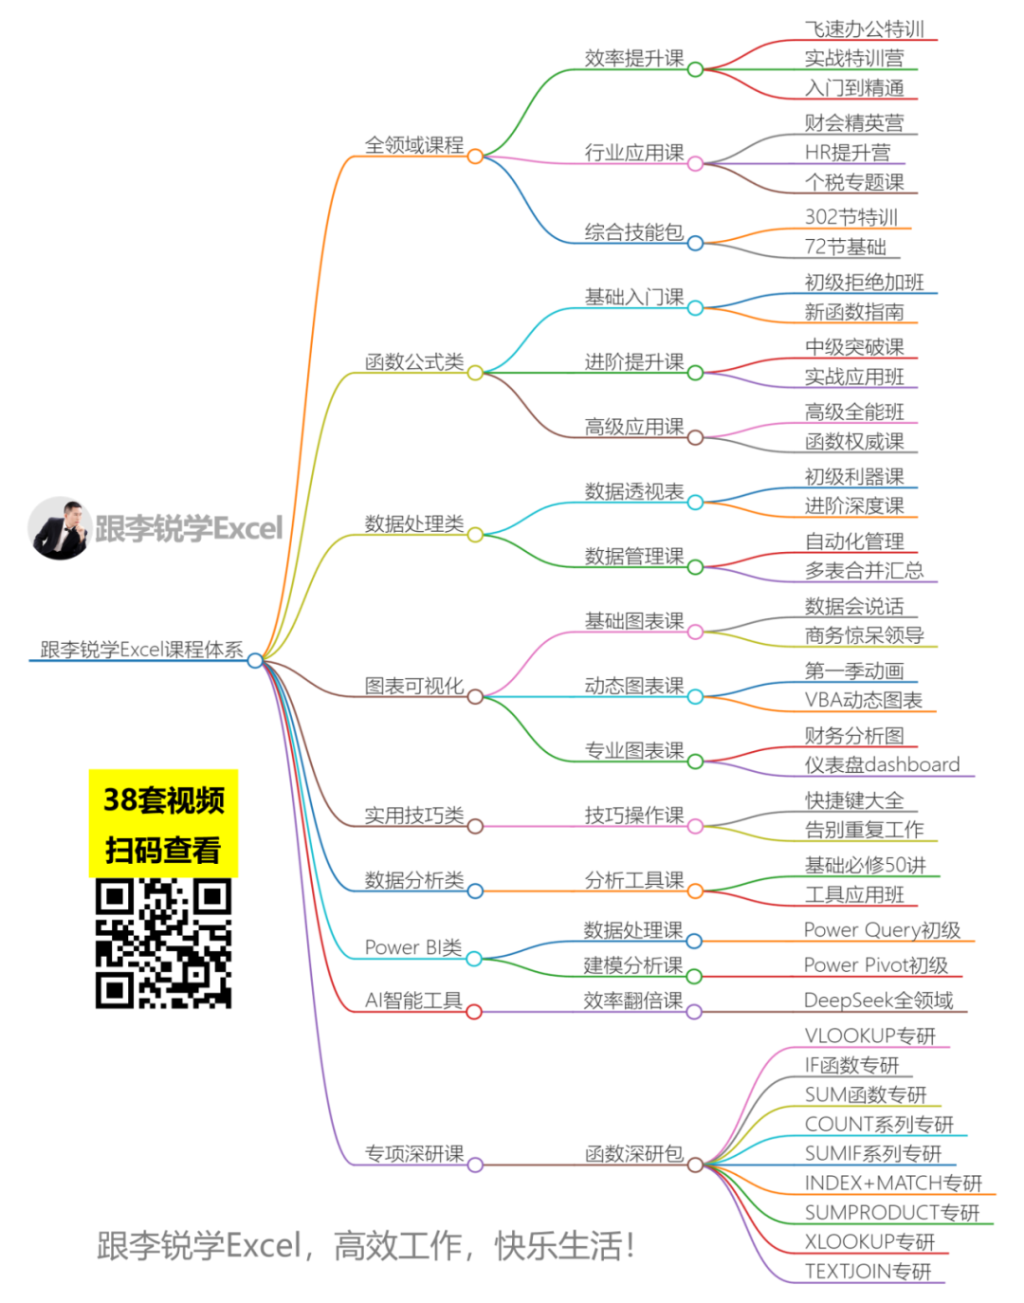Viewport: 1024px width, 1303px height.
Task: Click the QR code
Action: pyautogui.click(x=163, y=943)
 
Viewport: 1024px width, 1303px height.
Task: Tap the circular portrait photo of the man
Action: pyautogui.click(x=60, y=528)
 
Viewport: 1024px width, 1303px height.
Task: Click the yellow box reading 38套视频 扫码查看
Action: pyautogui.click(x=163, y=823)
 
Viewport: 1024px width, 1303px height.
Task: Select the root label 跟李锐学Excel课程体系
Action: pyautogui.click(x=141, y=650)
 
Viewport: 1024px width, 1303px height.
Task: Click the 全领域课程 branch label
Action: pyautogui.click(x=414, y=145)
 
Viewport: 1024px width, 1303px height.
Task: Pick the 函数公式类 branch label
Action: pyautogui.click(x=414, y=361)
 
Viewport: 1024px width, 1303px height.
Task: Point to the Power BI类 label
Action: pyautogui.click(x=413, y=947)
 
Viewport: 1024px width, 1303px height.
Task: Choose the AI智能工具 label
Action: pyautogui.click(x=413, y=1000)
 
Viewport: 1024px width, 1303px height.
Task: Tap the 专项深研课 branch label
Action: pyautogui.click(x=414, y=1154)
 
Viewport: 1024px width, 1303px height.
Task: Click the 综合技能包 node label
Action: pyautogui.click(x=634, y=232)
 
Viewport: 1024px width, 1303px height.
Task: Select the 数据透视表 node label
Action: pyautogui.click(x=634, y=491)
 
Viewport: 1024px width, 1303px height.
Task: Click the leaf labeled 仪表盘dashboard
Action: pyautogui.click(x=882, y=764)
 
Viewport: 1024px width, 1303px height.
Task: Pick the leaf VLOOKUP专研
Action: pyautogui.click(x=869, y=1036)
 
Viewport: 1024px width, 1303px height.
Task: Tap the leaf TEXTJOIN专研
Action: pyautogui.click(x=868, y=1271)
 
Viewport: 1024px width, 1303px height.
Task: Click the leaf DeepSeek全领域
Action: pyautogui.click(x=878, y=1000)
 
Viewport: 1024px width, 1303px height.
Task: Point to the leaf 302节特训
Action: pyautogui.click(x=850, y=217)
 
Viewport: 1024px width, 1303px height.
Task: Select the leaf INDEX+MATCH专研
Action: pyautogui.click(x=893, y=1183)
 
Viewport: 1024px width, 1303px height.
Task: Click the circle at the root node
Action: pyautogui.click(x=255, y=660)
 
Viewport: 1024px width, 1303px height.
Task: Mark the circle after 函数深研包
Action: pyautogui.click(x=695, y=1165)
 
